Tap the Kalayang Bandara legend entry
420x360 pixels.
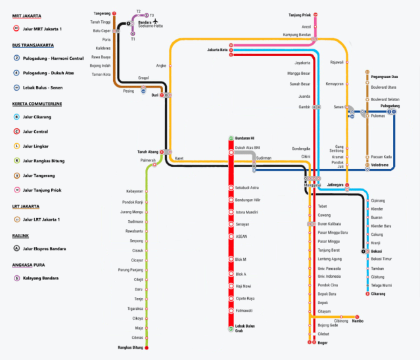click(41, 278)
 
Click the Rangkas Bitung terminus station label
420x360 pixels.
click(130, 347)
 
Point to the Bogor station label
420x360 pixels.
click(323, 342)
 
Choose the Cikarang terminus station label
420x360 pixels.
click(379, 294)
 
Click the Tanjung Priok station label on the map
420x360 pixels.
click(300, 14)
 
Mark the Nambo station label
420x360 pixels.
click(358, 321)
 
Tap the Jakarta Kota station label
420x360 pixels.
click(217, 50)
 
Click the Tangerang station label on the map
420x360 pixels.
click(102, 13)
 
